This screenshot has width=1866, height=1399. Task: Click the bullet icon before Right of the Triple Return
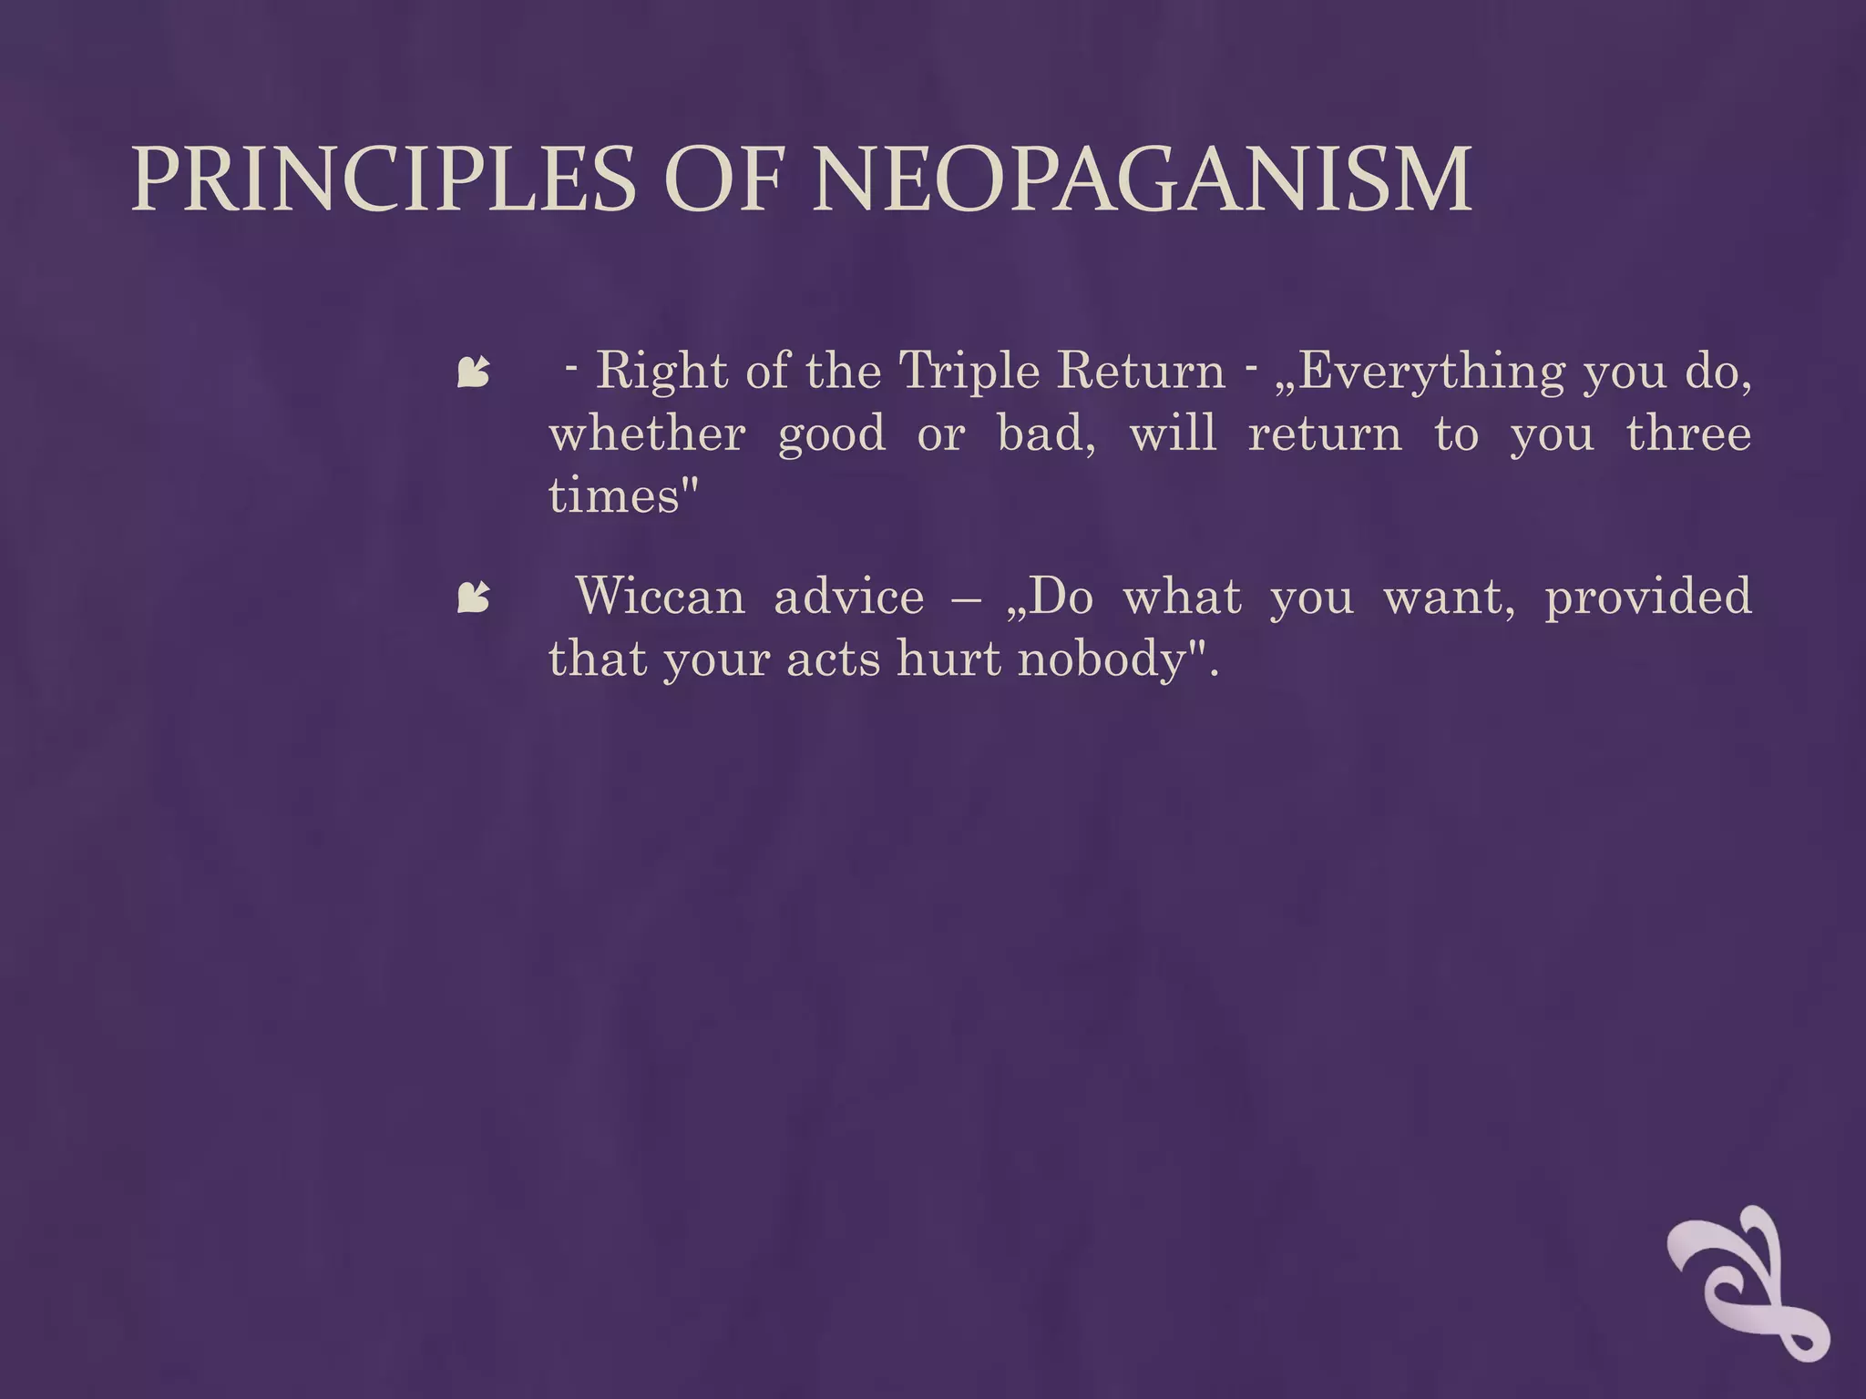tap(473, 372)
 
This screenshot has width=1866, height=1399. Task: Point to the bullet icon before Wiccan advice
tap(473, 597)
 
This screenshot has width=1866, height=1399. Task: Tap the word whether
tap(647, 434)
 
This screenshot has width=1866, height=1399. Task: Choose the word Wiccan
tap(660, 597)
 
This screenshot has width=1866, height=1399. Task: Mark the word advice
tap(848, 597)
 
